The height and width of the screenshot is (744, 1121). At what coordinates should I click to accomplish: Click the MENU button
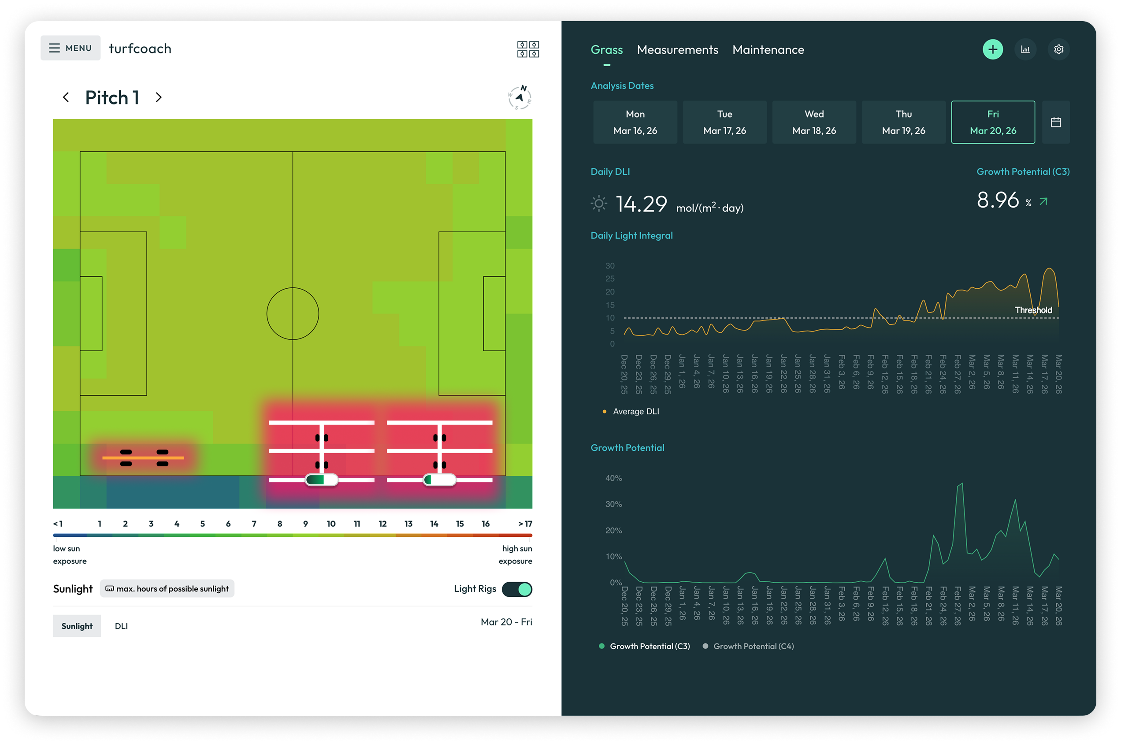point(70,48)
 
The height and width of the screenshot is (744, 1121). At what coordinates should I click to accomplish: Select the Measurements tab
point(677,50)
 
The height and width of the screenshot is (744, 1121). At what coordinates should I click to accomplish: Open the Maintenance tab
point(768,50)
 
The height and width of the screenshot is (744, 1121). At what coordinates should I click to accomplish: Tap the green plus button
point(992,49)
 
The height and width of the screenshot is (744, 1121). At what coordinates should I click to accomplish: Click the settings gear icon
point(1058,49)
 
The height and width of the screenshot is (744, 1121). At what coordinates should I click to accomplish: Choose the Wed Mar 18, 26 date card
point(813,122)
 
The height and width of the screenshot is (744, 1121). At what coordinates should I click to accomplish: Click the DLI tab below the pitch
point(121,626)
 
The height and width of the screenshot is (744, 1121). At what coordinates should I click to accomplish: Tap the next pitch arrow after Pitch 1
point(159,97)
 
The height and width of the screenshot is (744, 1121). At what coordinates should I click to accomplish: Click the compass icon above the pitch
point(520,98)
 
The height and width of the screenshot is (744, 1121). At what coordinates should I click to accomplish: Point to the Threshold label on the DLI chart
point(1033,310)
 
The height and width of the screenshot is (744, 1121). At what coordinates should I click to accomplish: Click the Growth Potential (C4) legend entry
point(753,646)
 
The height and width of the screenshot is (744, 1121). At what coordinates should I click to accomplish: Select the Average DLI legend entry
point(635,411)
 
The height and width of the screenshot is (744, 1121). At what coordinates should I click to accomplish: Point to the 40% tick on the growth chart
point(613,478)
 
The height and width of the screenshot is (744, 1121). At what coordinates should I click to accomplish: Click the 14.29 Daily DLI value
point(641,204)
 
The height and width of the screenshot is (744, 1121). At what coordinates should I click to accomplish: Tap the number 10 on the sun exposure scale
point(330,523)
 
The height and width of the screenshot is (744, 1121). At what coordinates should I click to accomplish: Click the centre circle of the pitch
point(292,314)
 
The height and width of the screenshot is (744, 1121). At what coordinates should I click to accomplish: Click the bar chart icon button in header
point(1025,49)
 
